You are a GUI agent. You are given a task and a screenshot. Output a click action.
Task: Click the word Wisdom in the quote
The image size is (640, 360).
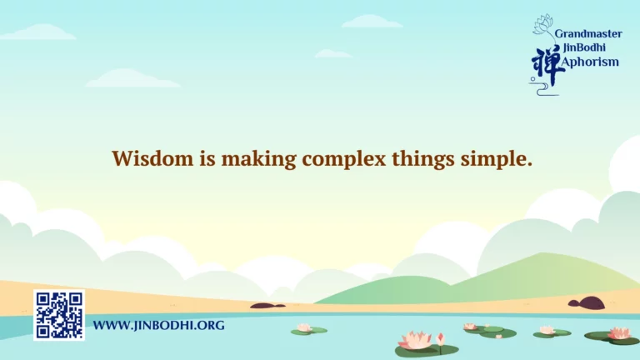[x=152, y=158]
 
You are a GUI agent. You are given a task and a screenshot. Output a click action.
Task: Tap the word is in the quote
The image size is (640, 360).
[x=207, y=158]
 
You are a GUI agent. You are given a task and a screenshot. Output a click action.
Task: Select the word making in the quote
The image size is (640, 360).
[x=259, y=160]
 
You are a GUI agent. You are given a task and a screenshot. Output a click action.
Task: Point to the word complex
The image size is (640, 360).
[x=344, y=160]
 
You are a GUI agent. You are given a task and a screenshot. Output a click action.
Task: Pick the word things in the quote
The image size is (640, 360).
[x=423, y=160]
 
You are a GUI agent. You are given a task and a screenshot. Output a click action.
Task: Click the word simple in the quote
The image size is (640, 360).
[x=497, y=160]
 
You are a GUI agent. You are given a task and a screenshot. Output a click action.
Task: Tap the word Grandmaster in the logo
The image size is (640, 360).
[x=588, y=34]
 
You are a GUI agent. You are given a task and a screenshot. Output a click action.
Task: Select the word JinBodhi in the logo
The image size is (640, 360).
[x=584, y=47]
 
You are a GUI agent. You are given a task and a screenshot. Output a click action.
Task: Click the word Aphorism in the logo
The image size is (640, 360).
[x=590, y=62]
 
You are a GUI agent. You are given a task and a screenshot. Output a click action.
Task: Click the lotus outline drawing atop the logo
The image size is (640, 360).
[x=542, y=24]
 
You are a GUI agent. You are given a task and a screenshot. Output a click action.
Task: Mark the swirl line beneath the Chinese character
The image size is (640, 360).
[x=542, y=89]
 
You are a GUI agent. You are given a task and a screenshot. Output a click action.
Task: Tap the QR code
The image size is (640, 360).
[x=59, y=315]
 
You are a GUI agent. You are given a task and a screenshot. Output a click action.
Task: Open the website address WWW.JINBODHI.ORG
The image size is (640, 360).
[x=159, y=325]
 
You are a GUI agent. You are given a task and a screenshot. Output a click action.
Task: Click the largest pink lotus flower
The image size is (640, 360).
[x=416, y=340]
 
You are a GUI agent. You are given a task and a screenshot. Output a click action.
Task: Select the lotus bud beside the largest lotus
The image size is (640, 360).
[x=440, y=340]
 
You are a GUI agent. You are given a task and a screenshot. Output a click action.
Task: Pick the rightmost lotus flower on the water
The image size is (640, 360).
[x=620, y=333]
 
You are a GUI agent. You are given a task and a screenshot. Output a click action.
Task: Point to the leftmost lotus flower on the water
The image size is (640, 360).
[x=304, y=327]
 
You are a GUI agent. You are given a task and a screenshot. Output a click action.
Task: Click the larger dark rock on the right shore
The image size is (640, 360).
[x=587, y=303]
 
